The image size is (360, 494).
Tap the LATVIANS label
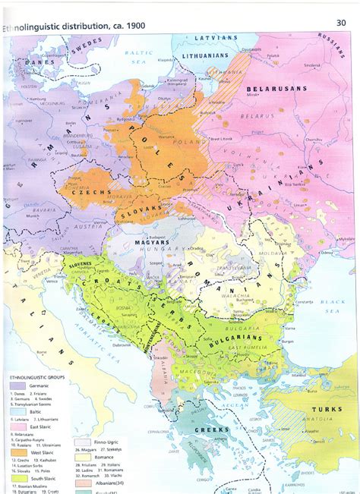click(x=217, y=36)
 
